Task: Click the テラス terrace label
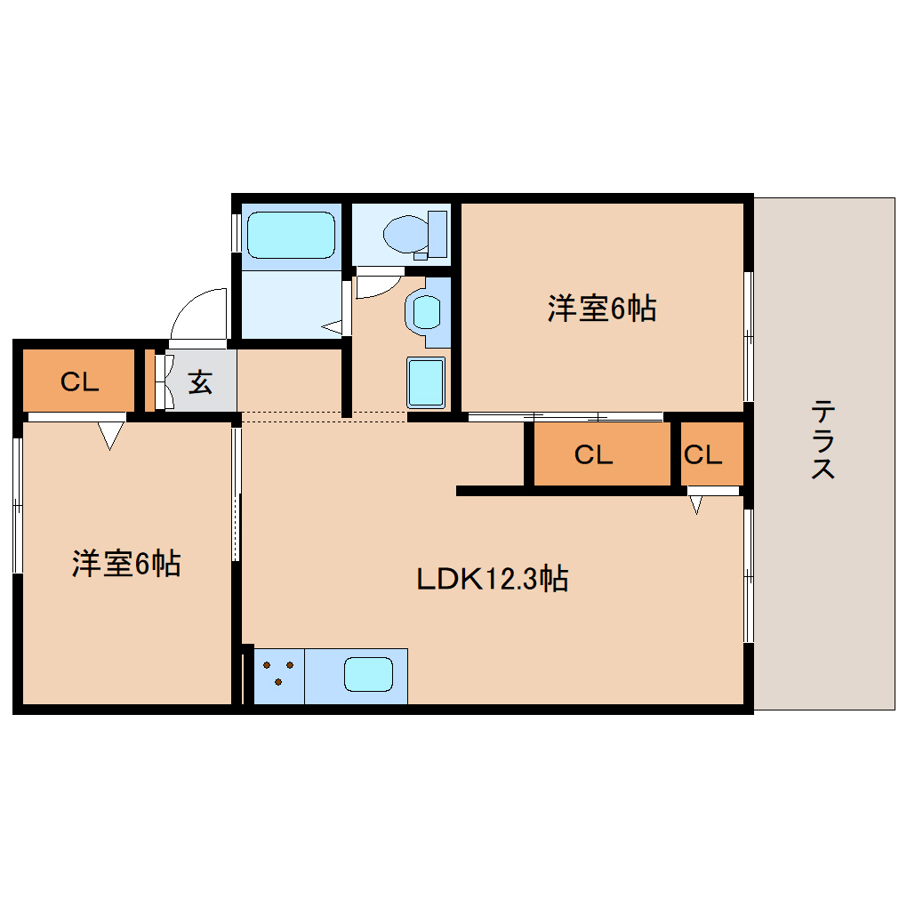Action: click(823, 440)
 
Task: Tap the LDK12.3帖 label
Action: click(493, 580)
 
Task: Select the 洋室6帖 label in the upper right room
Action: click(601, 309)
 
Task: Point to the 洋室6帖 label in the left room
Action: click(126, 563)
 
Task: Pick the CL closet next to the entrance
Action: click(78, 381)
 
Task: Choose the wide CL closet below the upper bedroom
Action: click(593, 455)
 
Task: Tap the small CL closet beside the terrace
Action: click(702, 455)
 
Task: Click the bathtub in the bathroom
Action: click(286, 234)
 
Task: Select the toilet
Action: click(413, 233)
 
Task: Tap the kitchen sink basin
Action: click(368, 675)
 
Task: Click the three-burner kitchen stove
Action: click(279, 673)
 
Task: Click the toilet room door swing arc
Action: click(379, 284)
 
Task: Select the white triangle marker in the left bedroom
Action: click(110, 435)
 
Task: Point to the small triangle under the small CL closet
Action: click(696, 505)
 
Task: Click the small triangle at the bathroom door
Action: click(334, 327)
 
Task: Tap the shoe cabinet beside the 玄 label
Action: click(161, 382)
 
